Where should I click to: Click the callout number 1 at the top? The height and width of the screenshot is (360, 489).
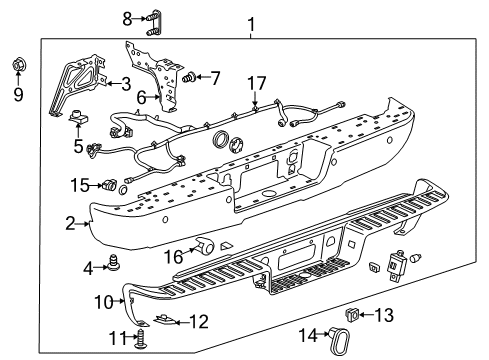[252, 24]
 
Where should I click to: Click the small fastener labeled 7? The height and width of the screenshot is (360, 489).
[190, 76]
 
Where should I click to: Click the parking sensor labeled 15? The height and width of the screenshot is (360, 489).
[110, 185]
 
